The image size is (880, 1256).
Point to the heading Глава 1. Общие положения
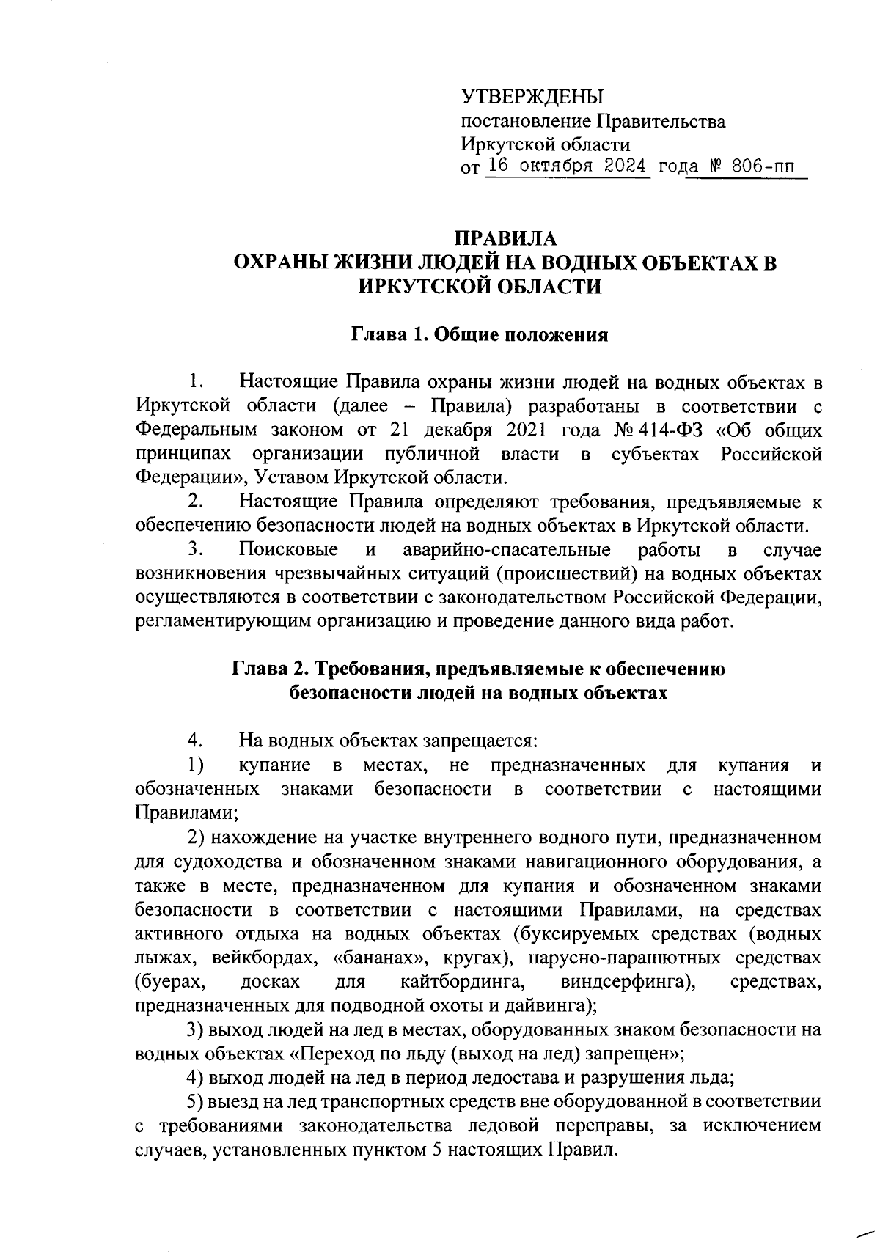(480, 336)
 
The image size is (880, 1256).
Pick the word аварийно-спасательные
(507, 550)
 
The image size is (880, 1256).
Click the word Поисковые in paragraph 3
(288, 550)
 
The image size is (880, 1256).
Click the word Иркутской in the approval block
(503, 144)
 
